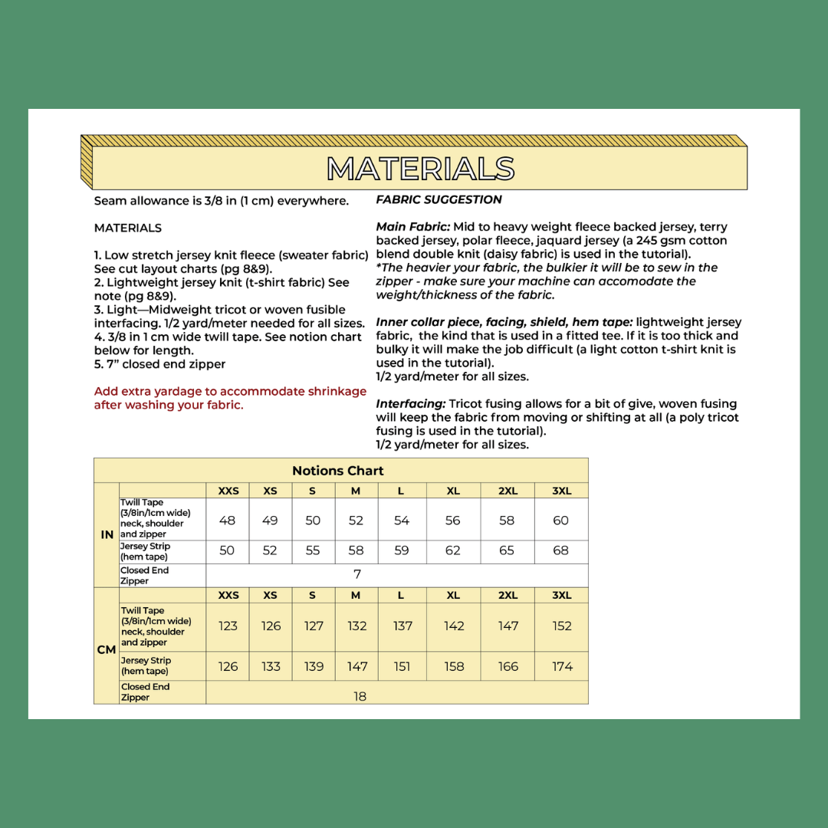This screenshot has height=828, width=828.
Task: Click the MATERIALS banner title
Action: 420,169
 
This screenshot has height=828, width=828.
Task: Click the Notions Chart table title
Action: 337,471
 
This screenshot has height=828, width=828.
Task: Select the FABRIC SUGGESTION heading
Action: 439,199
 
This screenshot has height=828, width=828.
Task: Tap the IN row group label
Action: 107,534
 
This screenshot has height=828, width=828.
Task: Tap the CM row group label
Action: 107,649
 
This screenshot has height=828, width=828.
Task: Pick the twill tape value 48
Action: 228,521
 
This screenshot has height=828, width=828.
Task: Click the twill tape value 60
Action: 561,521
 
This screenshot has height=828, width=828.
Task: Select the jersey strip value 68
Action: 561,550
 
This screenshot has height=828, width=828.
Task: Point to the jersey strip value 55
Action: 313,550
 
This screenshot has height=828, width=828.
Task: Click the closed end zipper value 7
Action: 357,574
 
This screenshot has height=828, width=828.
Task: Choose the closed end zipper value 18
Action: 360,696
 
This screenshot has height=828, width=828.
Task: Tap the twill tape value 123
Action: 228,626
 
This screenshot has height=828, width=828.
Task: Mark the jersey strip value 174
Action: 562,666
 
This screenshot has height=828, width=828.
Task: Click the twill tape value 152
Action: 562,626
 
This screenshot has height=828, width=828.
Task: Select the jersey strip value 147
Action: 357,666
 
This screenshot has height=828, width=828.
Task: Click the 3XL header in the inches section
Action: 561,491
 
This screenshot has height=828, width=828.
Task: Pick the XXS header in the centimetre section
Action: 228,595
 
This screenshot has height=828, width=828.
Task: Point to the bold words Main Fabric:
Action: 412,227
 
